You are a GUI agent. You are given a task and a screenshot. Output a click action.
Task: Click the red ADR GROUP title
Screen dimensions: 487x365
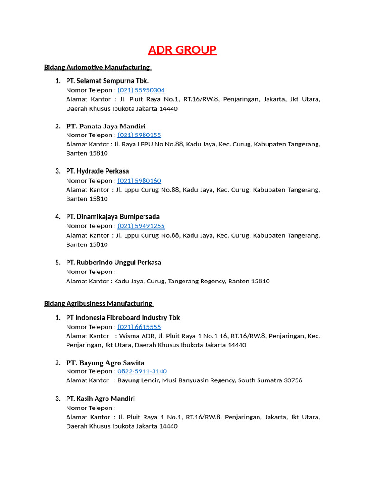tap(182, 50)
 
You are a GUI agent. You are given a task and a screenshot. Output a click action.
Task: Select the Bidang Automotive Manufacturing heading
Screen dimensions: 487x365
tap(97, 67)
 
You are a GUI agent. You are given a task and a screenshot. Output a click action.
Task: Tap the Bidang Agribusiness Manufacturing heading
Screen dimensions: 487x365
tap(98, 303)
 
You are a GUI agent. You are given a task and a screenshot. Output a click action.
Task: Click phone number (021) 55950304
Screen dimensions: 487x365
tap(141, 90)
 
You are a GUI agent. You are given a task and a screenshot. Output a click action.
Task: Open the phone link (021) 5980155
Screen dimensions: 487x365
tap(139, 135)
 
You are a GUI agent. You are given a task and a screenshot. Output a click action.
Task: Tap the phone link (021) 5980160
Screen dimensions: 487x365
tap(139, 181)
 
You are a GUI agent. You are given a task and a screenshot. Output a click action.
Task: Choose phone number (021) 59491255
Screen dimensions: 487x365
tap(141, 226)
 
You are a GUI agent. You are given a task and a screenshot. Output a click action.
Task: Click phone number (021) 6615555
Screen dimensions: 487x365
tap(139, 327)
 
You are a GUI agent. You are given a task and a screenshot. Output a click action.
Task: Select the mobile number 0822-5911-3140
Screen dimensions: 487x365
tap(142, 371)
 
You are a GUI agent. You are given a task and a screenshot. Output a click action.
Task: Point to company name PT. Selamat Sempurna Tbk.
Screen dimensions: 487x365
tap(107, 81)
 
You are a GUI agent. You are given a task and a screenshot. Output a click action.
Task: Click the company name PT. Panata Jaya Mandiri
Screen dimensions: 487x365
tap(106, 126)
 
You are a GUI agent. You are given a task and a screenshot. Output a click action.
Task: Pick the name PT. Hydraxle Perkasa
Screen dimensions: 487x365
tap(97, 171)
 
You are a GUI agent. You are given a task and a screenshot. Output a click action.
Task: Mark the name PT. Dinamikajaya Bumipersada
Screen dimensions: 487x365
tap(113, 217)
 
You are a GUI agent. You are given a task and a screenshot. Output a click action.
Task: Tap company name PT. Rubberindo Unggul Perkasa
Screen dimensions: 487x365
tap(114, 263)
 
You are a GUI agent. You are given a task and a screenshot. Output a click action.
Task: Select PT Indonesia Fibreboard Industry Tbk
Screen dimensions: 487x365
tap(123, 318)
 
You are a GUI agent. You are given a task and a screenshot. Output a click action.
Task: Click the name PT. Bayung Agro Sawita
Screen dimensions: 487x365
tap(105, 363)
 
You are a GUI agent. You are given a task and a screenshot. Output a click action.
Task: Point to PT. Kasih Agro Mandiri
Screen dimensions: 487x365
tap(100, 399)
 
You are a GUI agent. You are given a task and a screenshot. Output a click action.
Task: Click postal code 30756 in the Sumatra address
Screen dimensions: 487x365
tap(293, 380)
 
